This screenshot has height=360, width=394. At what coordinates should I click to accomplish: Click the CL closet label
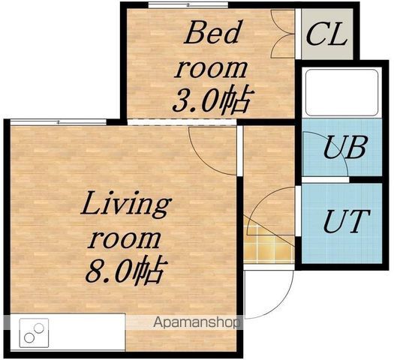(326, 34)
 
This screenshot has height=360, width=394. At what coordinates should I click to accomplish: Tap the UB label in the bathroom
(344, 147)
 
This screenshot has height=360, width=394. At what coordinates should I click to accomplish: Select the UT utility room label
(346, 221)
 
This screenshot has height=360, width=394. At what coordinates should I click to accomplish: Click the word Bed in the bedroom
(212, 32)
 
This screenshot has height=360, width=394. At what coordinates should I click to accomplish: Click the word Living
(126, 205)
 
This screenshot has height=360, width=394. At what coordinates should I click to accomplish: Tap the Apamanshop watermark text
(197, 322)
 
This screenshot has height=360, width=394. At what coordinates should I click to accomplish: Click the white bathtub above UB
(341, 93)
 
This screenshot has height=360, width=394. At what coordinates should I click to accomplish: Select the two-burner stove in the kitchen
(35, 333)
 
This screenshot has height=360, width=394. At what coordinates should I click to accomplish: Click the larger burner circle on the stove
(29, 337)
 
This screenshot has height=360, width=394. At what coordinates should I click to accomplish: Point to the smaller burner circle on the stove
(39, 328)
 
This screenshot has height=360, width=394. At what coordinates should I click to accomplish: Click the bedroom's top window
(188, 4)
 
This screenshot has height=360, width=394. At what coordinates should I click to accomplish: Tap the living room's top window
(59, 122)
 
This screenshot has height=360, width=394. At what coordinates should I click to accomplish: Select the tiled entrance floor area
(269, 244)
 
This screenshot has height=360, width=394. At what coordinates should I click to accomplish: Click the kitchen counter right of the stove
(87, 332)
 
